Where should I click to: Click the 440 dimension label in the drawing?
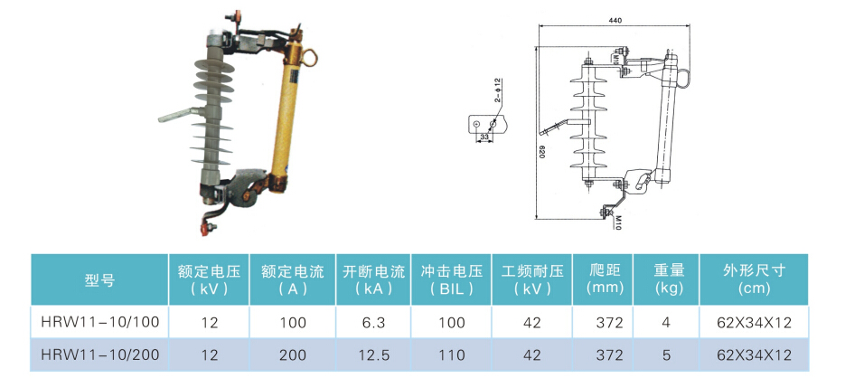[615, 19]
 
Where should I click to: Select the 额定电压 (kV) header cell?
[209, 279]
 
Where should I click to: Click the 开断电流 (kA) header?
[373, 279]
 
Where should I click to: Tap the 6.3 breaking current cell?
[373, 322]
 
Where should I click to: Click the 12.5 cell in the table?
[373, 355]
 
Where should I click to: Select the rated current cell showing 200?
[292, 355]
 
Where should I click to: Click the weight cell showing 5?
[667, 355]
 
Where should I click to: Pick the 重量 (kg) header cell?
[667, 279]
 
